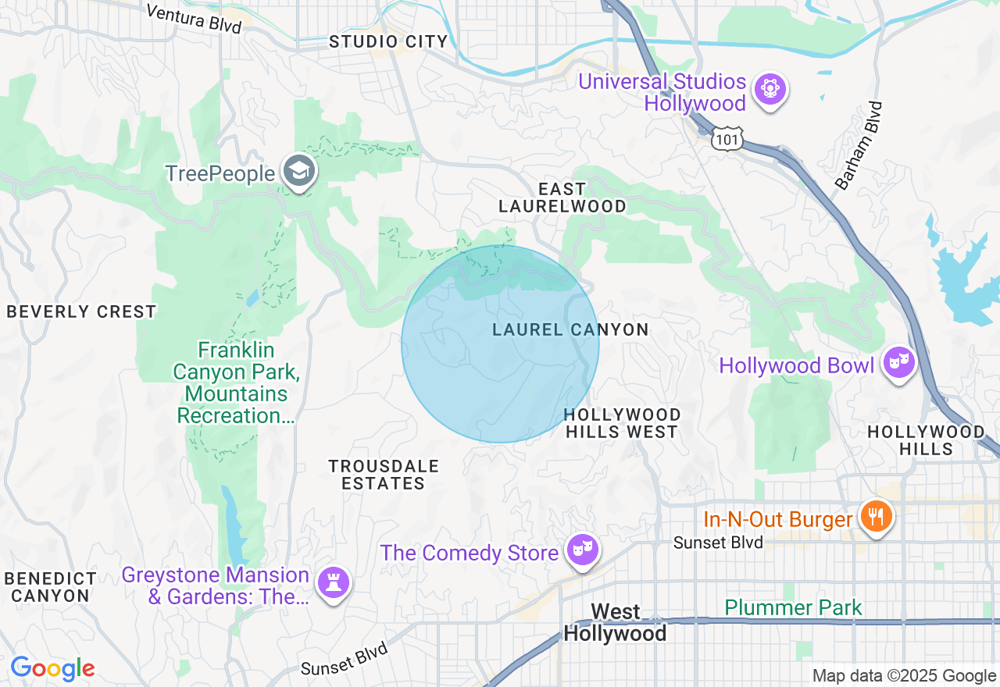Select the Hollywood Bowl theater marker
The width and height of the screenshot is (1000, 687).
pos(899,363)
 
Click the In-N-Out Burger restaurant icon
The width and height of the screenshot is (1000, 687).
pos(876,517)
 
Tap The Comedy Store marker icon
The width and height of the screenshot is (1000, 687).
pos(582,550)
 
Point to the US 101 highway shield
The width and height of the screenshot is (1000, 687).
pos(727,139)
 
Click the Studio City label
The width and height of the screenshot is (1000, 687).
pos(388,42)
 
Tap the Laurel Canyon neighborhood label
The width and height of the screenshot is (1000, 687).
pos(570,330)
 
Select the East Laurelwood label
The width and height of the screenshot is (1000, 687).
pos(562,198)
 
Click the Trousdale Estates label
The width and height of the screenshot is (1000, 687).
pos(384,475)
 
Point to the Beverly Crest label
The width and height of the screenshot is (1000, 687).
pos(81,312)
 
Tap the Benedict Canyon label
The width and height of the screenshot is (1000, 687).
pos(51,587)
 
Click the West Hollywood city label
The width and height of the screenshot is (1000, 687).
pos(615,622)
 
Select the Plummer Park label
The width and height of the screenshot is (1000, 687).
pos(793,607)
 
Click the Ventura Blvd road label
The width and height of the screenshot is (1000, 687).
pos(194,18)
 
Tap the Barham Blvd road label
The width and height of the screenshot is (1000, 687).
pos(858,146)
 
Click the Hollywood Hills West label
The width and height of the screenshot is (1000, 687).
pos(622,423)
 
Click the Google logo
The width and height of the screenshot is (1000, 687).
pos(52,668)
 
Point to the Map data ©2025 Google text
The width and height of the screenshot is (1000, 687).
pos(904,676)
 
